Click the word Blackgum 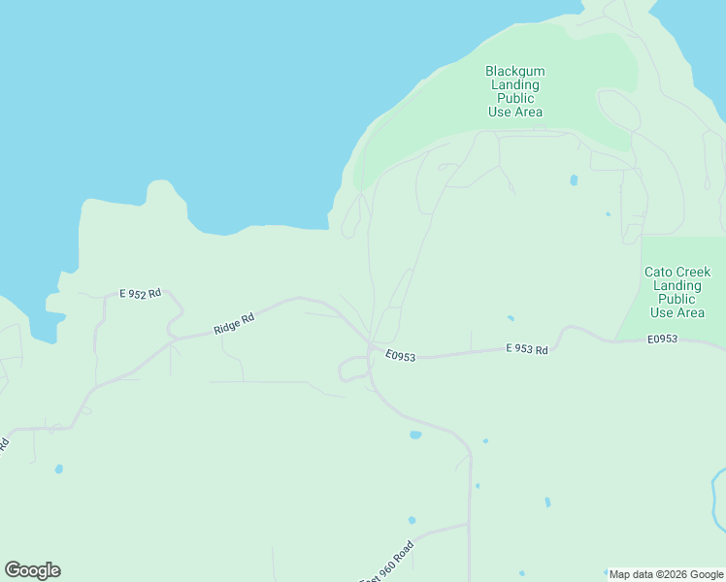[x=514, y=72]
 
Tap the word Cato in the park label [x=657, y=273]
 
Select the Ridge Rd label [x=234, y=324]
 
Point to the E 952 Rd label [x=140, y=294]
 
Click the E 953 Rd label [x=527, y=349]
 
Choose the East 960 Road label [x=387, y=562]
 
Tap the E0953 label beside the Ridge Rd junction [x=399, y=357]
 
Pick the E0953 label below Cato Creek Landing [x=662, y=339]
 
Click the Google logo [x=32, y=570]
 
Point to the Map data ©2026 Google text [x=666, y=574]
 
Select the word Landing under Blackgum [x=514, y=85]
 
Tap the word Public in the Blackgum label [x=514, y=99]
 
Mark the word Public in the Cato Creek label [x=676, y=300]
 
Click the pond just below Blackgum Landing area [x=574, y=179]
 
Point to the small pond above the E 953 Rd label [x=511, y=317]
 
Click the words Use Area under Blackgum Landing [x=514, y=113]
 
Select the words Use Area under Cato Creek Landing [x=676, y=313]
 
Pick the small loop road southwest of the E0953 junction [x=350, y=369]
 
